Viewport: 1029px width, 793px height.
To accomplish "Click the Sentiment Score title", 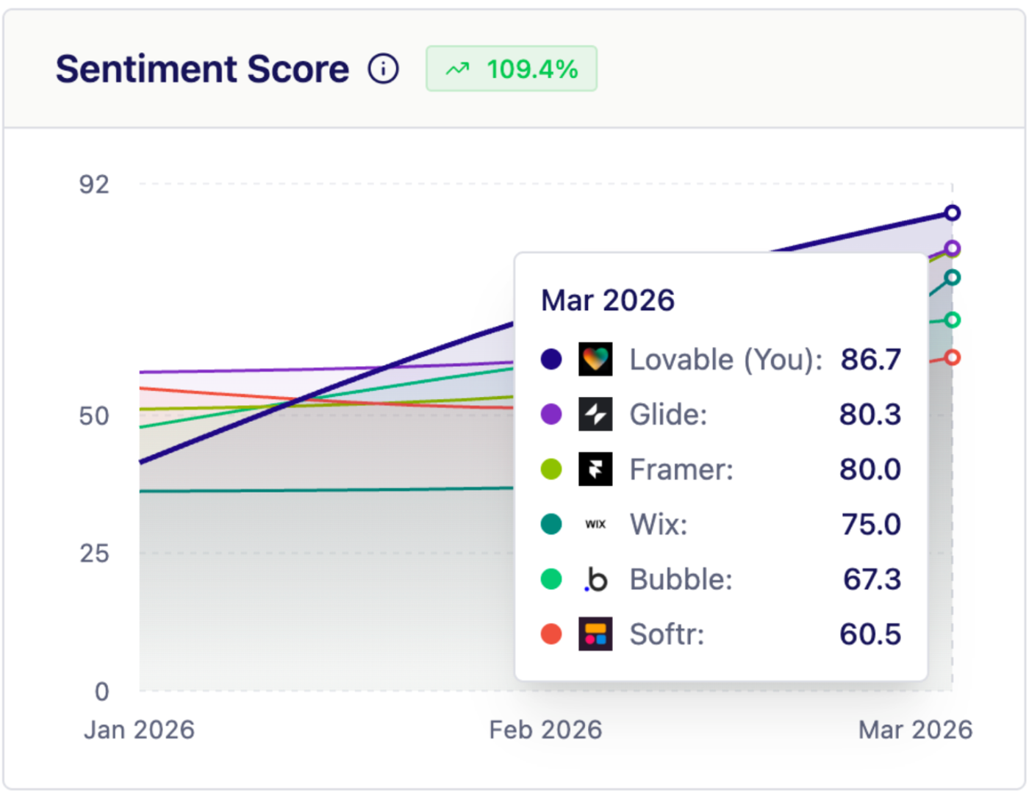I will pyautogui.click(x=202, y=69).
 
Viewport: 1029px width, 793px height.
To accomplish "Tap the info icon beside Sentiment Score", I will pyautogui.click(x=383, y=69).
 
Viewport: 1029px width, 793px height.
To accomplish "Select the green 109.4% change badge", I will pyautogui.click(x=512, y=69).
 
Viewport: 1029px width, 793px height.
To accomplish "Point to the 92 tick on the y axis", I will pyautogui.click(x=94, y=184).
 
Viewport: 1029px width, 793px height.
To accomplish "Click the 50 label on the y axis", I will pyautogui.click(x=94, y=416).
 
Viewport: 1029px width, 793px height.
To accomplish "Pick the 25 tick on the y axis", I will pyautogui.click(x=94, y=553).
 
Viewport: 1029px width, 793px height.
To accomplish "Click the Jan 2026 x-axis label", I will pyautogui.click(x=139, y=730).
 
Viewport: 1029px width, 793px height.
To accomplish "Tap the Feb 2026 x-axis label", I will pyautogui.click(x=545, y=730).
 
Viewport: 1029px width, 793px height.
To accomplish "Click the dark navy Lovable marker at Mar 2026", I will pyautogui.click(x=952, y=213).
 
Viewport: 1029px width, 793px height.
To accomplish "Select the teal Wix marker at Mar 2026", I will pyautogui.click(x=952, y=278).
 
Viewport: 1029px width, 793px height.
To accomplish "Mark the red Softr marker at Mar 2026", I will pyautogui.click(x=952, y=358).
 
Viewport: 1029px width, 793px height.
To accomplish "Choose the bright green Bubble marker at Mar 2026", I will pyautogui.click(x=952, y=320).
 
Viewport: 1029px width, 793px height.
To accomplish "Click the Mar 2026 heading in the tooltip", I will pyautogui.click(x=607, y=301).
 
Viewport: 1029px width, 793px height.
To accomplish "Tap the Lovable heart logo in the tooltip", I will pyautogui.click(x=595, y=359).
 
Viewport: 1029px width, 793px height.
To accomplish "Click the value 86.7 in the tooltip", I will pyautogui.click(x=870, y=359).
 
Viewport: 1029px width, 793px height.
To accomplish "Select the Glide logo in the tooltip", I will pyautogui.click(x=595, y=415).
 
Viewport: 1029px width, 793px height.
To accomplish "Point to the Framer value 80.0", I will pyautogui.click(x=870, y=470).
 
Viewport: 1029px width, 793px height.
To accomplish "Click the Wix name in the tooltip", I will pyautogui.click(x=659, y=525).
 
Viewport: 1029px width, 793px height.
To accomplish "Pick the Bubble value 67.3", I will pyautogui.click(x=872, y=580).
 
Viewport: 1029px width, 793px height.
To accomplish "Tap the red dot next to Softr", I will pyautogui.click(x=551, y=634).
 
